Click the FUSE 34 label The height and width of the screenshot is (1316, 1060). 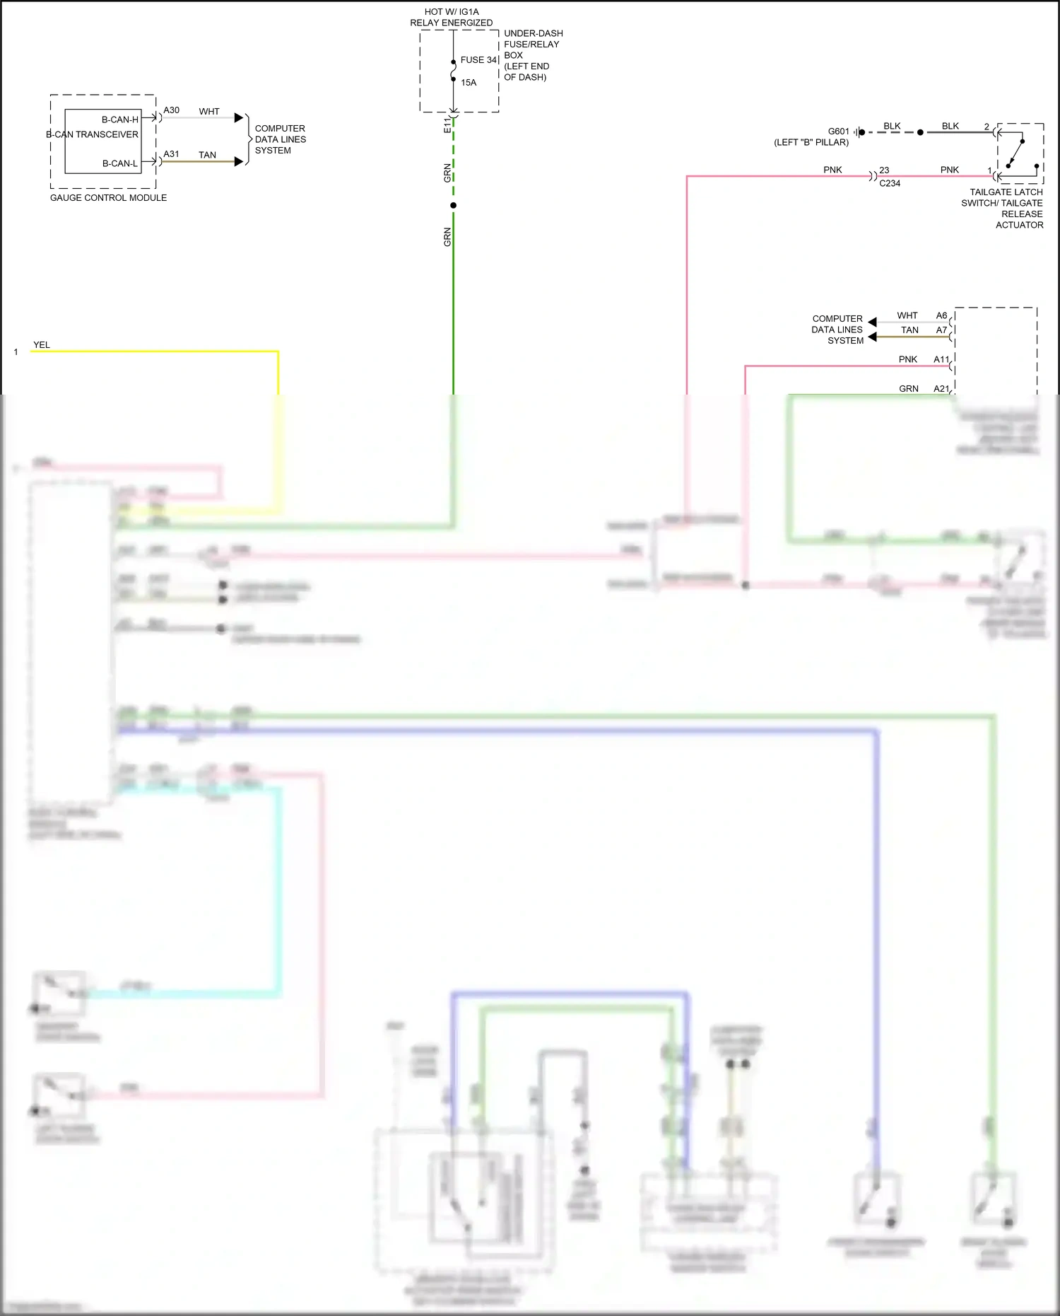478,60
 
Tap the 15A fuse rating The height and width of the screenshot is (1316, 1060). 469,83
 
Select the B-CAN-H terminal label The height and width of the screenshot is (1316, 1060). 120,120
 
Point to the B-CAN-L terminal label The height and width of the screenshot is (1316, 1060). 120,163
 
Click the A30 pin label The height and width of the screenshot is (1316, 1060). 172,110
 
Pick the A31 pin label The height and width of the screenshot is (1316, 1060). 172,154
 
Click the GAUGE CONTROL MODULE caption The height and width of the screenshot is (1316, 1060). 108,198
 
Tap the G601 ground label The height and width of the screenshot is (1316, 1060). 839,132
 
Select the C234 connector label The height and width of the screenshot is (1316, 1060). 890,183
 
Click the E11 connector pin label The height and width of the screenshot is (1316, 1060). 447,125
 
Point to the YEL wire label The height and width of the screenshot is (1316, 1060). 42,345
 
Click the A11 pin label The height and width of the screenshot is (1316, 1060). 941,359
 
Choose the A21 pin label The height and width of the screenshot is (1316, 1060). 941,389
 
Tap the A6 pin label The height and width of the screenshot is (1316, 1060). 941,315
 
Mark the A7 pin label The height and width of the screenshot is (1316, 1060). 941,330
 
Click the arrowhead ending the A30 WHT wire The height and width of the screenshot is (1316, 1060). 239,117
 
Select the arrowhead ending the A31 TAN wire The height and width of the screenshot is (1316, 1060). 239,161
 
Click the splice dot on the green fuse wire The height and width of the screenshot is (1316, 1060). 454,205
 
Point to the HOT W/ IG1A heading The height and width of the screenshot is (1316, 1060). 452,12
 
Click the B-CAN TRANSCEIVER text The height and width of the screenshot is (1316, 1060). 93,134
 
